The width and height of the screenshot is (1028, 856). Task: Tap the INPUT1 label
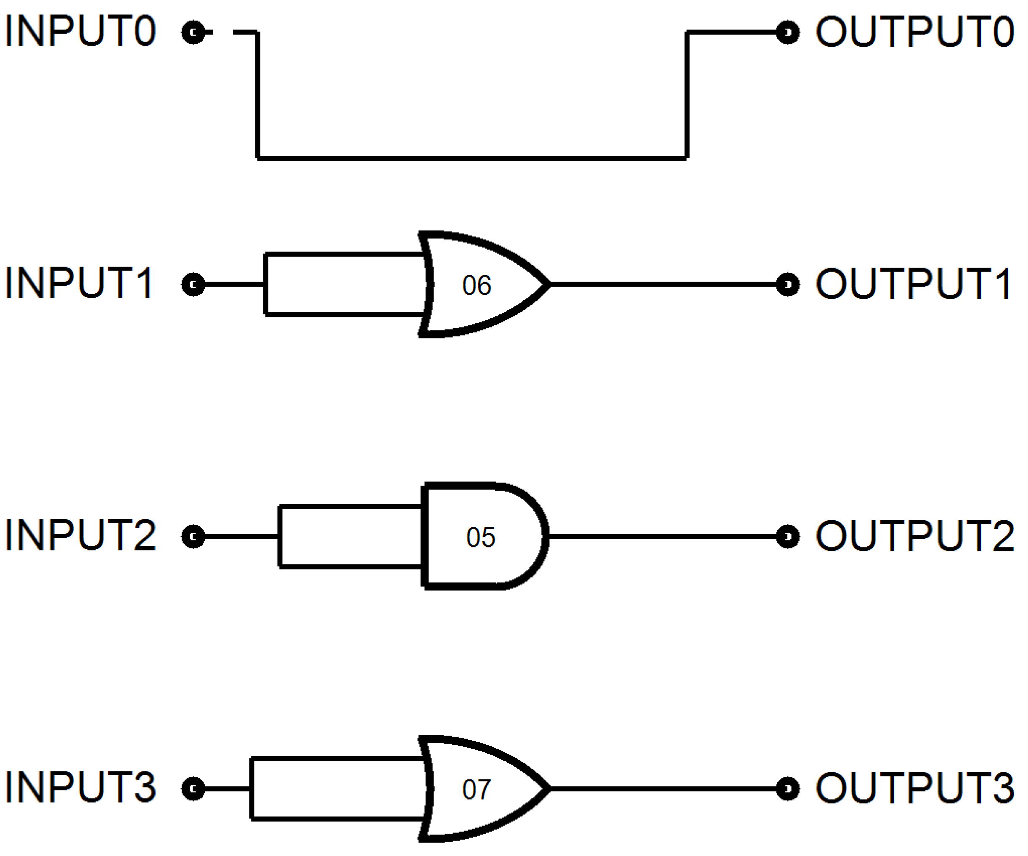pyautogui.click(x=79, y=284)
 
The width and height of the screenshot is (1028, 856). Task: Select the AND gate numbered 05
pyautogui.click(x=482, y=537)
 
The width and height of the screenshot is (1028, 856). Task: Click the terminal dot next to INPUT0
pyautogui.click(x=193, y=32)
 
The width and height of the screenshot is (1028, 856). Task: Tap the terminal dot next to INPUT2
pyautogui.click(x=193, y=537)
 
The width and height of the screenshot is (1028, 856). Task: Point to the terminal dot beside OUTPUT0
pyautogui.click(x=788, y=32)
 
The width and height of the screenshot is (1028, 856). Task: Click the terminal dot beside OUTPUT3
pyautogui.click(x=788, y=789)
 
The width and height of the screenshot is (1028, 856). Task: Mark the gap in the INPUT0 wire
pyautogui.click(x=223, y=32)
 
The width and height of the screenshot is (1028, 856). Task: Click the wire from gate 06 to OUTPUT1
pyautogui.click(x=661, y=284)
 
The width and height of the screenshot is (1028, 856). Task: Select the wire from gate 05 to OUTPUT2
pyautogui.click(x=661, y=537)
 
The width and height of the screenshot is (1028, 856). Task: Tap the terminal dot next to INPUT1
pyautogui.click(x=193, y=284)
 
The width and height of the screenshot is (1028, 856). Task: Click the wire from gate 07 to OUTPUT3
pyautogui.click(x=661, y=789)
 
